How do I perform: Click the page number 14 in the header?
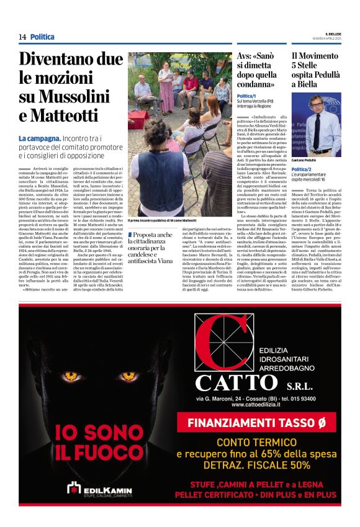pyautogui.click(x=22, y=37)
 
